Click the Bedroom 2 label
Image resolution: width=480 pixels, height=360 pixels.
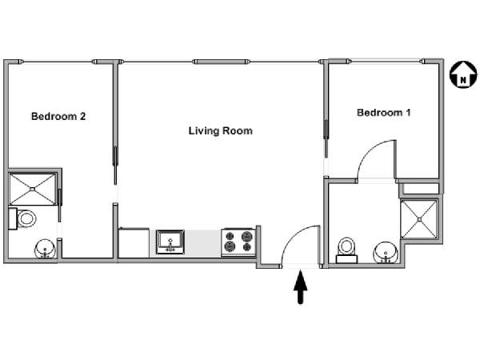(x=58, y=116)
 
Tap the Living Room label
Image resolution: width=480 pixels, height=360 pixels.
(x=221, y=131)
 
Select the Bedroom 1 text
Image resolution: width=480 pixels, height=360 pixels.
(x=383, y=113)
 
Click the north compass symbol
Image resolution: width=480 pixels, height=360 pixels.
(x=463, y=74)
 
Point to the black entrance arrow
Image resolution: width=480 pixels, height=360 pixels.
(x=300, y=287)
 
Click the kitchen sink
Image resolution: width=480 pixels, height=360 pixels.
(x=170, y=242)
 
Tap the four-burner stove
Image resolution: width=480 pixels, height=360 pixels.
(x=238, y=242)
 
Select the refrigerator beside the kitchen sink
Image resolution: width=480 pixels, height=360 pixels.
(x=134, y=242)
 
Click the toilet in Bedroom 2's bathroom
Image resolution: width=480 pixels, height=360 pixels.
(x=22, y=218)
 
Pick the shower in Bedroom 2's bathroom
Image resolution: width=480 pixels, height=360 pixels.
(x=33, y=189)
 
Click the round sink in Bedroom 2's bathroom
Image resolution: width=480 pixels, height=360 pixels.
(x=46, y=249)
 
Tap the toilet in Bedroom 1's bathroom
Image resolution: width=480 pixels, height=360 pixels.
(x=347, y=250)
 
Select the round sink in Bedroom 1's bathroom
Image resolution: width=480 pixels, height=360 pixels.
(x=386, y=252)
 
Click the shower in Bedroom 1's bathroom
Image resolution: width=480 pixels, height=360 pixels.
(x=419, y=219)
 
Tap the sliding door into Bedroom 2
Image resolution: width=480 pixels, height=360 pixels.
(x=115, y=166)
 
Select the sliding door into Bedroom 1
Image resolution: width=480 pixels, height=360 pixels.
(x=326, y=138)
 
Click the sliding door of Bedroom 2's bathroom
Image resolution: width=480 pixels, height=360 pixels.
(x=60, y=205)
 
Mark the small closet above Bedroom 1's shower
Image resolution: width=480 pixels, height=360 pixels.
(x=421, y=189)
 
